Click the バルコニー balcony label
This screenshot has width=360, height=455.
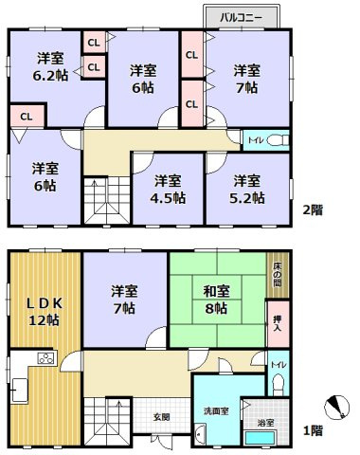(242, 16)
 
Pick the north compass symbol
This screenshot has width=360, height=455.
(336, 409)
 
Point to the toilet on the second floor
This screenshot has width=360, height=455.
(276, 141)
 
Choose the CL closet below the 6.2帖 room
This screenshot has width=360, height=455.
(27, 117)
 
